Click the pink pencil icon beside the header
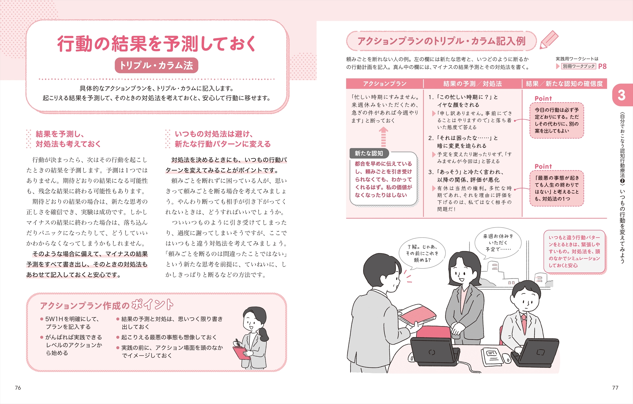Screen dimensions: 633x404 549,40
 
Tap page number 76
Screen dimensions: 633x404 18,388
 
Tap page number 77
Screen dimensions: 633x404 615,388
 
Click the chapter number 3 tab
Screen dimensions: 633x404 622,95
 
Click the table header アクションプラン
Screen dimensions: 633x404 385,84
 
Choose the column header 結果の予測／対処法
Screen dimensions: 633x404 473,84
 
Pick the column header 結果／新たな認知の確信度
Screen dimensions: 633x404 564,84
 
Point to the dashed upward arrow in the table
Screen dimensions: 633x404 384,137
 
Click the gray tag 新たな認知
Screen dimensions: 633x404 369,153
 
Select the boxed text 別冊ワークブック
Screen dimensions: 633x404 579,66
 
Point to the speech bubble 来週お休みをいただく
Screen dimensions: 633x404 498,242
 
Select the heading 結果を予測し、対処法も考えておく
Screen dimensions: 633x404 68,139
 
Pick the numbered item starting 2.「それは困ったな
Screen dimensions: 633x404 463,142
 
